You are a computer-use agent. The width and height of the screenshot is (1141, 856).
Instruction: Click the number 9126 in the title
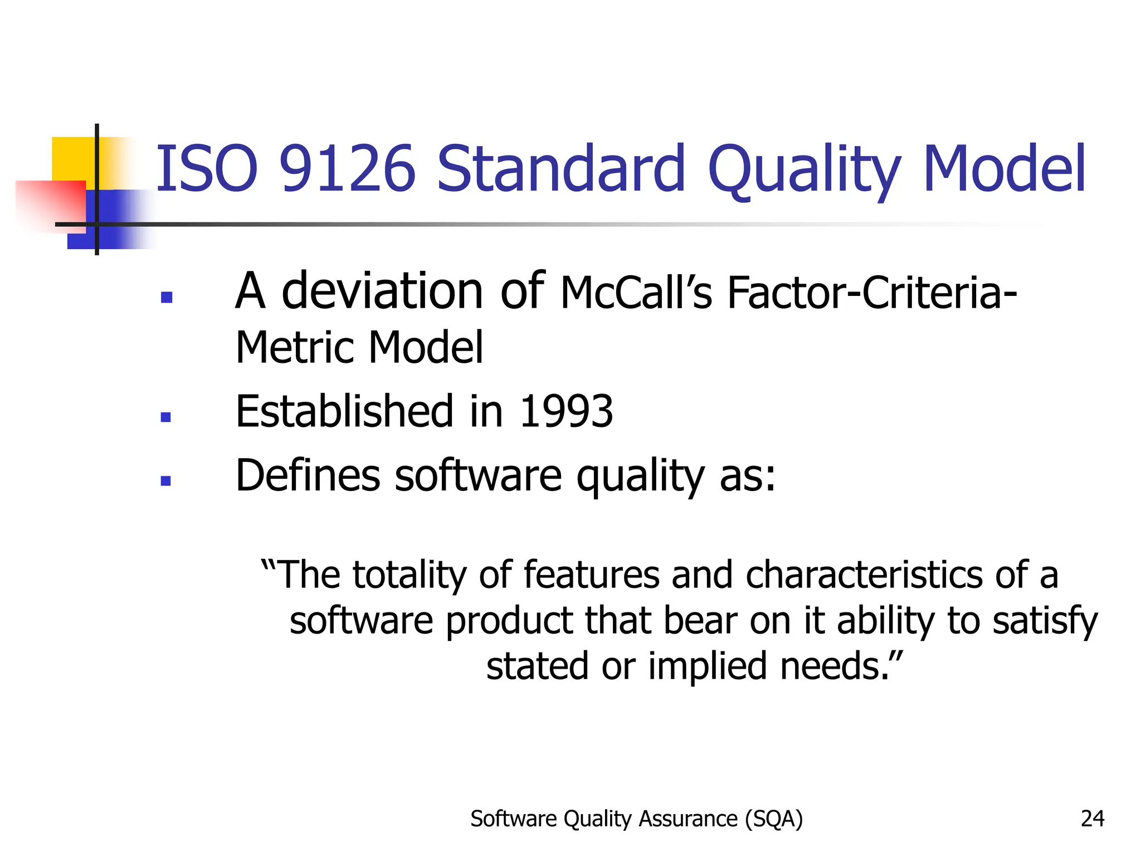347,169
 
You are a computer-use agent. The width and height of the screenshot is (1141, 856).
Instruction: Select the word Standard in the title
560,169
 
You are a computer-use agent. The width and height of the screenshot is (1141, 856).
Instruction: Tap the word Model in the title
1004,169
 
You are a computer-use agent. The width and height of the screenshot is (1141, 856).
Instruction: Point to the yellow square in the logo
72,158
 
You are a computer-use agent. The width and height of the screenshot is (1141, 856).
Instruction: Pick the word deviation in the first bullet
382,291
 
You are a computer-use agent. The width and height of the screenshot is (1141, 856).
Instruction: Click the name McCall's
636,293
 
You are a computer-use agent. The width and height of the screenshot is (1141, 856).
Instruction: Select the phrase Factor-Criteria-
872,293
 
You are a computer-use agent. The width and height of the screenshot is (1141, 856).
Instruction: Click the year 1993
566,412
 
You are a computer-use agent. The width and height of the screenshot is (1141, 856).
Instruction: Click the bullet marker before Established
165,417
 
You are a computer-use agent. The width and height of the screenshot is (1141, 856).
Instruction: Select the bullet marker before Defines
165,480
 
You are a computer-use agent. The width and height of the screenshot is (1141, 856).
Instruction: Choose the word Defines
308,475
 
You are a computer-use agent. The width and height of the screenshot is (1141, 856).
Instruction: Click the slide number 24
1092,819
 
